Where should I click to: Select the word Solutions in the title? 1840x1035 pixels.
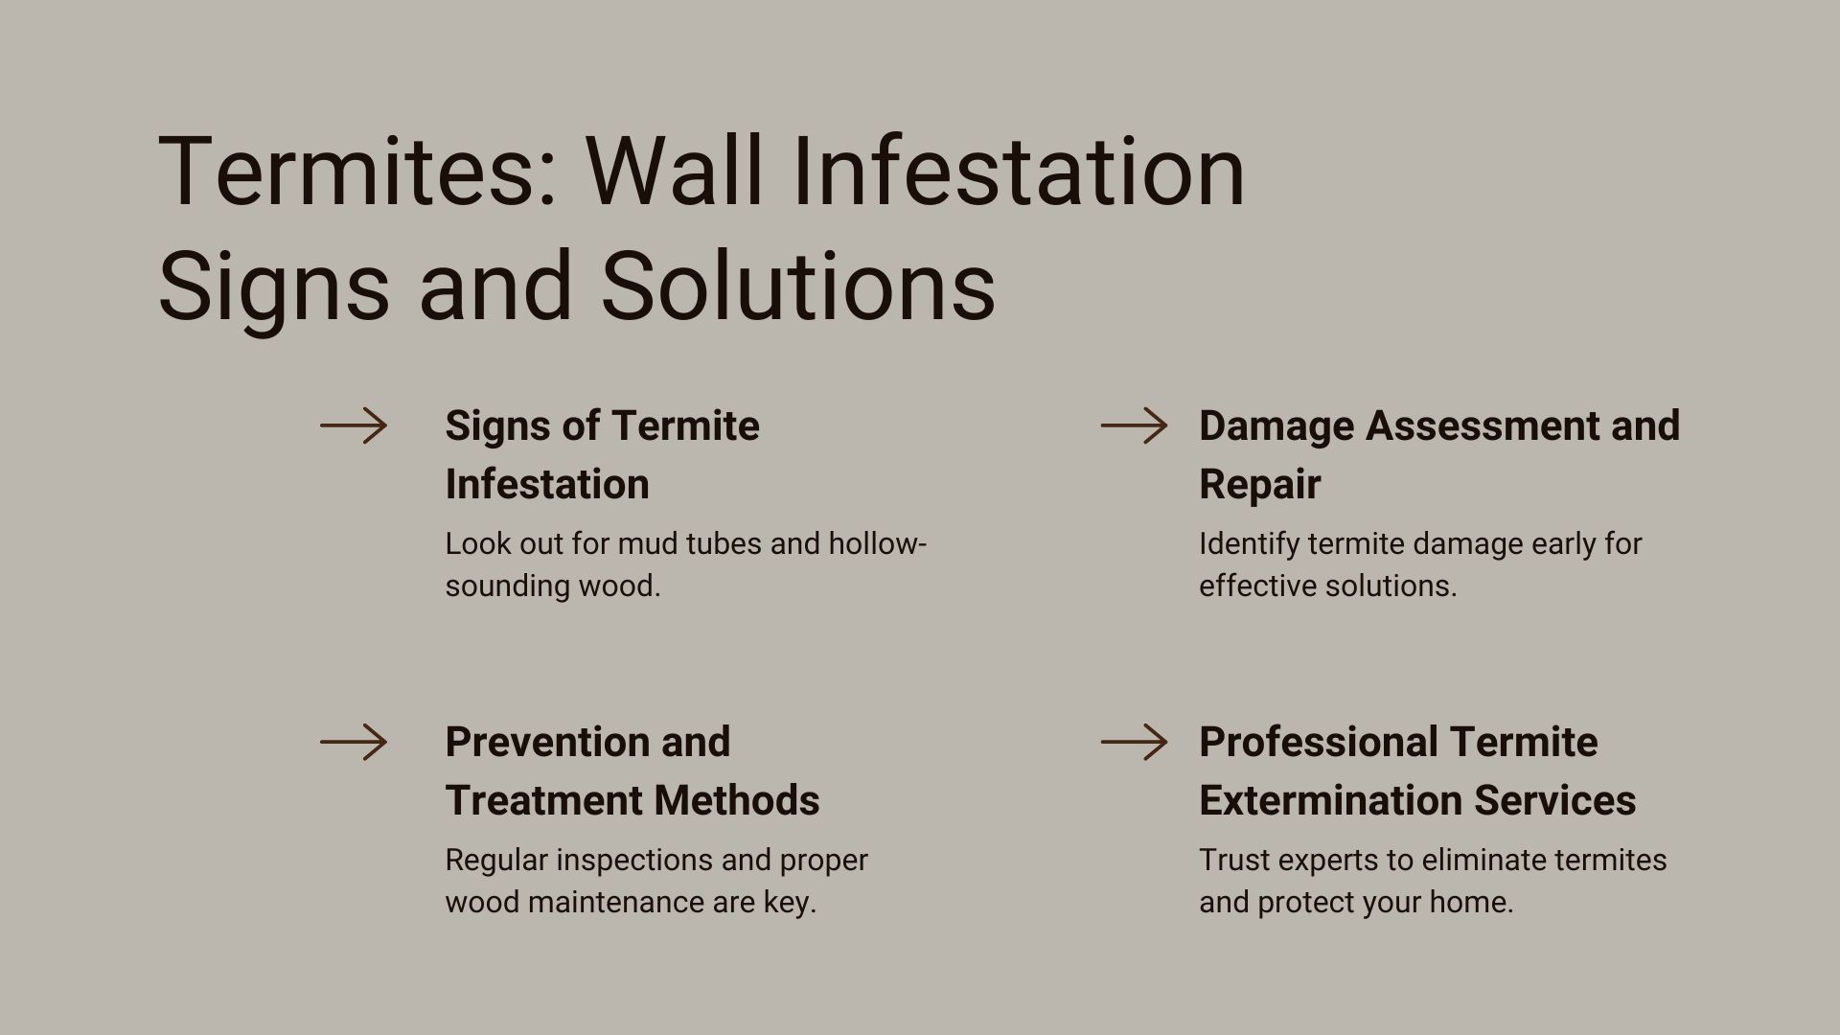(x=798, y=286)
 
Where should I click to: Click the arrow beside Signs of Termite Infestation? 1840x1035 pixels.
(x=354, y=425)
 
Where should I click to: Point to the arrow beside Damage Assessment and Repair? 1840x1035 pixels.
(x=1134, y=425)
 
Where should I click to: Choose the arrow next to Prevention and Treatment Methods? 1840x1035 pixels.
(x=354, y=742)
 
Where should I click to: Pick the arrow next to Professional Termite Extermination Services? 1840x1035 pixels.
(x=1134, y=742)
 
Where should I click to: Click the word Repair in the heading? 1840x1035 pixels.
(x=1259, y=484)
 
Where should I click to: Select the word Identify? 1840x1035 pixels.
(x=1248, y=543)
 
